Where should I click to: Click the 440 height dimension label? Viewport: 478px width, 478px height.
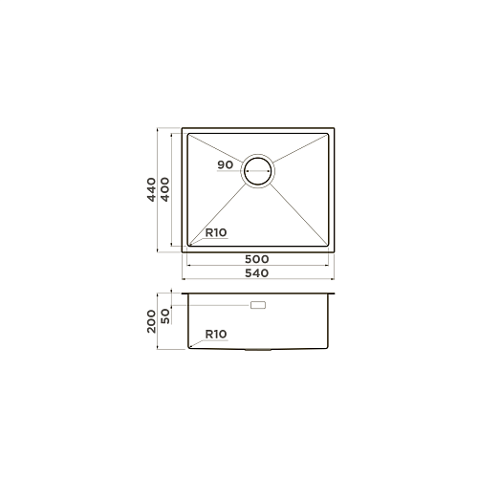click(x=151, y=189)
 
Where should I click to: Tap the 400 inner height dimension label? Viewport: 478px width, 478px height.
click(x=164, y=189)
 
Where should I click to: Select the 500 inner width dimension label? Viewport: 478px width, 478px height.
click(x=257, y=259)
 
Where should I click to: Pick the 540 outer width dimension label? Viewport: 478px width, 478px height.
click(x=257, y=273)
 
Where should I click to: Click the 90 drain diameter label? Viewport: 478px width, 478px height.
click(x=226, y=164)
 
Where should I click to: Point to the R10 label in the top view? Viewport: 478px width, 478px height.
click(x=216, y=232)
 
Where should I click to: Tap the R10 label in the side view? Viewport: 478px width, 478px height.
click(x=216, y=335)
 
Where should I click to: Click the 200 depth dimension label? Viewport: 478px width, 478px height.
click(x=151, y=321)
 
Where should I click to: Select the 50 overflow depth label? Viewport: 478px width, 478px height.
click(x=165, y=316)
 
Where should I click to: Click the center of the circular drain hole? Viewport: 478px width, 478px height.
click(x=258, y=171)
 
